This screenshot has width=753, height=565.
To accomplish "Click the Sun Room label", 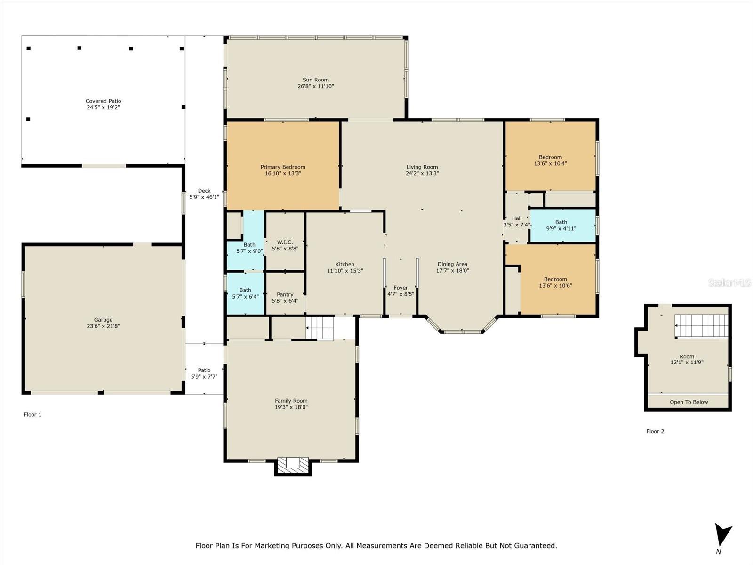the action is (x=316, y=80).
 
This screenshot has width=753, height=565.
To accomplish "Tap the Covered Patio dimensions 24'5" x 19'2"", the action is (x=103, y=107).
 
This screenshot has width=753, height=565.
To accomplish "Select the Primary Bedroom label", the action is (x=283, y=167).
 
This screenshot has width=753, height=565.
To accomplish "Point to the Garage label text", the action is (x=103, y=320).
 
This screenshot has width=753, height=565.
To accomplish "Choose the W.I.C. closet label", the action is (x=285, y=242).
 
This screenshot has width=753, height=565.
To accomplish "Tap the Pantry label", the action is (x=285, y=294).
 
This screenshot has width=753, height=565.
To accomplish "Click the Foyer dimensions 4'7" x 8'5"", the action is (x=401, y=294).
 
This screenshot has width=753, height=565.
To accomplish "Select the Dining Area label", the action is (x=452, y=264).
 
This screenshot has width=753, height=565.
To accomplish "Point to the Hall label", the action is (x=517, y=218).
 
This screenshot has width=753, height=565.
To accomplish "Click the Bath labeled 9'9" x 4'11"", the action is (x=562, y=226).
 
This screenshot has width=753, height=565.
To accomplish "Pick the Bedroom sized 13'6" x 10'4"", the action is (x=550, y=156).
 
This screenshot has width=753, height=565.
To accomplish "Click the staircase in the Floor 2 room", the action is (x=702, y=325).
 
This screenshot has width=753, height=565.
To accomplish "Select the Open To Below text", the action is (x=689, y=402).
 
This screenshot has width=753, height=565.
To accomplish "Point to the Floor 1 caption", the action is (x=32, y=414).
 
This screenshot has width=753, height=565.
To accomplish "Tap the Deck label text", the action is (x=204, y=191).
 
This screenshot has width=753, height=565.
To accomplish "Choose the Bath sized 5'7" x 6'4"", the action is (x=245, y=294).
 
